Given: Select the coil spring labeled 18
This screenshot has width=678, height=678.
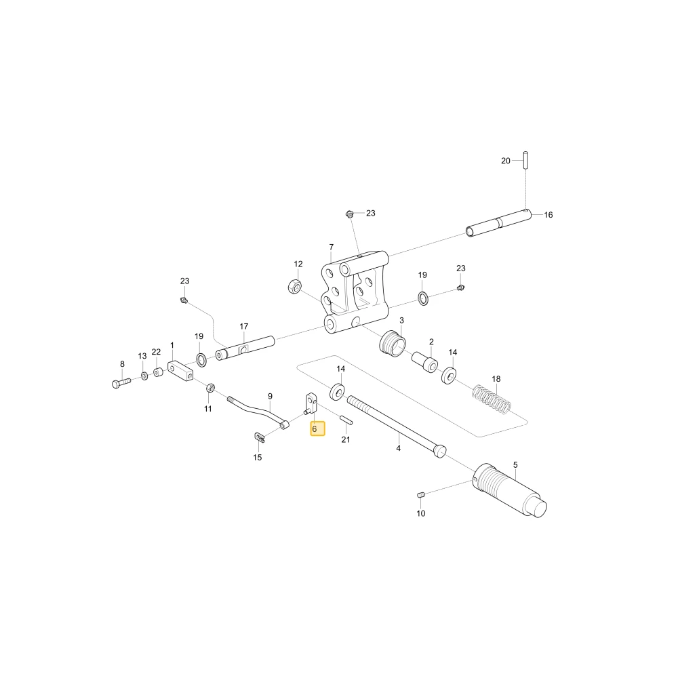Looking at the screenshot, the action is coord(492,399).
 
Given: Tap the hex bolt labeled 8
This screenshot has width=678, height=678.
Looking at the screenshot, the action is coord(121,382).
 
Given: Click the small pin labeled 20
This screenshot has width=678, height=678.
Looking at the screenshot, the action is coord(525,161).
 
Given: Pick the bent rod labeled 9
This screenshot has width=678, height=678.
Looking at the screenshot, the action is coord(258,412).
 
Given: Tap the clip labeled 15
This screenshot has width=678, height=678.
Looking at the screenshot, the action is coord(258,437).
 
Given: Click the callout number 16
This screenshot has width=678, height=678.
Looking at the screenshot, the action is coord(549,215).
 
